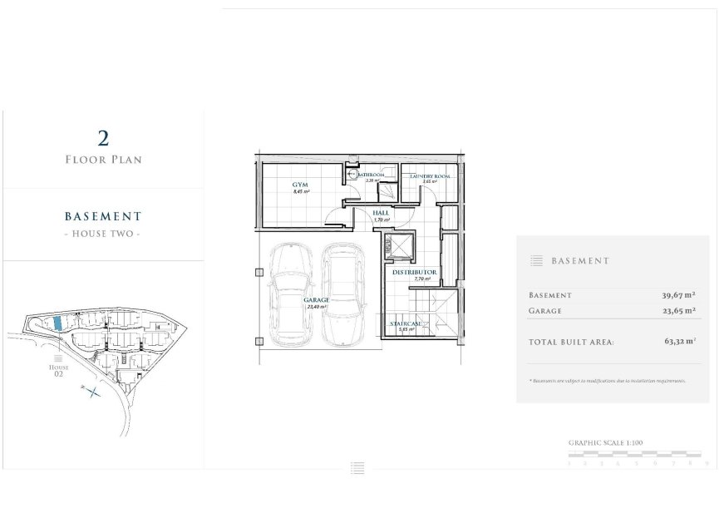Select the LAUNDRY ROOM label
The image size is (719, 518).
(x=430, y=176)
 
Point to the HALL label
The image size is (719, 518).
(x=381, y=213)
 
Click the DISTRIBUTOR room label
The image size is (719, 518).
(x=414, y=272)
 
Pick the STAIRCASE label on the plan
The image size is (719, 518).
(x=406, y=323)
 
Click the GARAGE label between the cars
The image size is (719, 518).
(x=316, y=299)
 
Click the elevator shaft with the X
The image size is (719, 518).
(x=398, y=247)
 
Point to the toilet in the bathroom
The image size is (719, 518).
(x=352, y=175)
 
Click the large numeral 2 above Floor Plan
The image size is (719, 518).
(x=103, y=138)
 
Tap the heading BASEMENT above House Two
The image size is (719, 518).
(x=103, y=216)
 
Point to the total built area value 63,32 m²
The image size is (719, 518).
(x=680, y=340)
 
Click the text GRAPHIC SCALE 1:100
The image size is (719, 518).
(x=605, y=443)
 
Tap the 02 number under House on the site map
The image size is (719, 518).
(x=58, y=373)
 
